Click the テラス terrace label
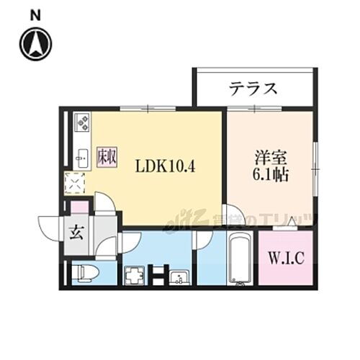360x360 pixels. [253, 89]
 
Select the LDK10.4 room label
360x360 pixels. [167, 165]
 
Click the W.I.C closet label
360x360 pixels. [286, 257]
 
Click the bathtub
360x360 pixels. [238, 259]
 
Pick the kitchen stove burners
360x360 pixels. [81, 124]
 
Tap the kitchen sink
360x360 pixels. [81, 155]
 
